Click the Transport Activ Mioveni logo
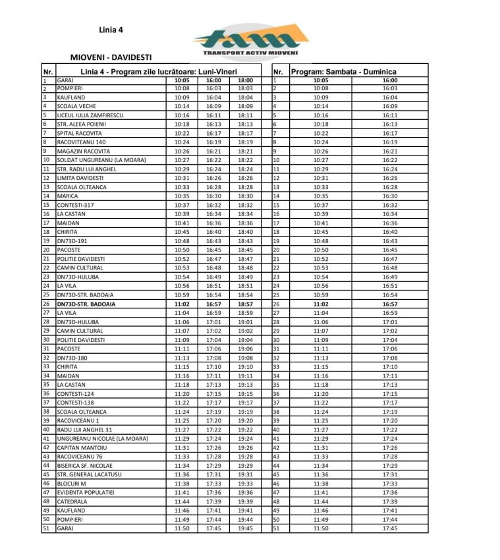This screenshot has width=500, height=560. (x=250, y=40)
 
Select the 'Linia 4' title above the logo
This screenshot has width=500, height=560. (x=111, y=30)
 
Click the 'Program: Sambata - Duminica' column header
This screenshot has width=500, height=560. (x=344, y=72)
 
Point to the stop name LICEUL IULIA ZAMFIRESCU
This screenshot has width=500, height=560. (x=90, y=115)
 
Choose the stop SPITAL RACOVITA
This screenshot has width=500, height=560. (x=77, y=132)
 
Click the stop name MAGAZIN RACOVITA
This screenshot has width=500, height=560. (x=81, y=150)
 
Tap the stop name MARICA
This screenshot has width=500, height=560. (x=67, y=196)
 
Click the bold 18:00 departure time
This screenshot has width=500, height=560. (x=245, y=80)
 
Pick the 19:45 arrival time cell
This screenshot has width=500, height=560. (x=245, y=528)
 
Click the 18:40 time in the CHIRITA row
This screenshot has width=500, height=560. (x=245, y=232)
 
